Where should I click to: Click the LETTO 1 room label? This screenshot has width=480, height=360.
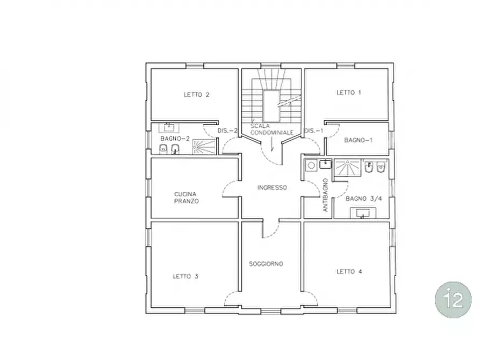[x=349, y=92]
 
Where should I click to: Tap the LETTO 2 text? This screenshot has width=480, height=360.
[x=197, y=95]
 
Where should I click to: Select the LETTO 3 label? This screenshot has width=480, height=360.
[x=185, y=276]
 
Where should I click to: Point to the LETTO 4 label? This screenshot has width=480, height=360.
[x=349, y=271]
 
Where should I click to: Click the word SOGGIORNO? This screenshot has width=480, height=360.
[x=266, y=264]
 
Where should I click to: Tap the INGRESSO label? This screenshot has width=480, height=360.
[x=272, y=188]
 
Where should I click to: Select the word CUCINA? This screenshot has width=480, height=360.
[x=185, y=194]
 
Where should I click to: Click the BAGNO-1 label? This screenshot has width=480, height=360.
[x=359, y=140]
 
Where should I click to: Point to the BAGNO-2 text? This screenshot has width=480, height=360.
[x=175, y=139]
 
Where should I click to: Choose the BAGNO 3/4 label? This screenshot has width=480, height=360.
[x=364, y=199]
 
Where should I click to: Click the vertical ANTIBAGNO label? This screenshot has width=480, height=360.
[x=325, y=195]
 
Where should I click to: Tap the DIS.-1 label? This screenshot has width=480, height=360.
[x=313, y=131]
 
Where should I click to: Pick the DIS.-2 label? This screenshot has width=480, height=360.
[x=227, y=131]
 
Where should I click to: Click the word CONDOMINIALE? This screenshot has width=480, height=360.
[x=272, y=133]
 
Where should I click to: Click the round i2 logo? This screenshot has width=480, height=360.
[x=453, y=300]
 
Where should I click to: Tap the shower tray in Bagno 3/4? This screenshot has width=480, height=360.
[x=347, y=168]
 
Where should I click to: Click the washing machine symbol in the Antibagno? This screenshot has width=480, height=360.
[x=311, y=165]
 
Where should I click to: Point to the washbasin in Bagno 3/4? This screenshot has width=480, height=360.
[x=363, y=213]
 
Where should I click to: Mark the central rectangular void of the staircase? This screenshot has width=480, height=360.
[x=271, y=106]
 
